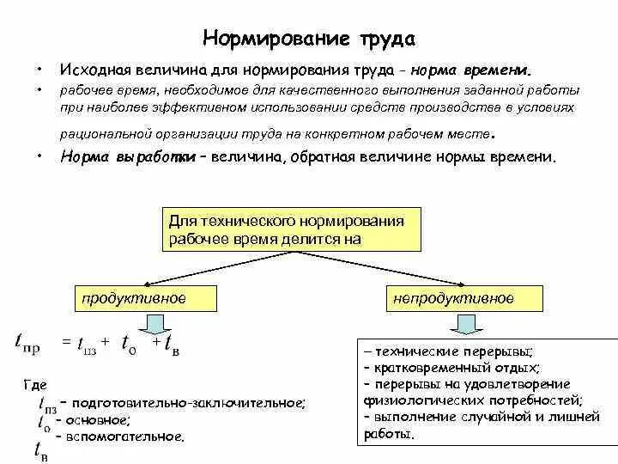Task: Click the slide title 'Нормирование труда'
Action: coord(309,39)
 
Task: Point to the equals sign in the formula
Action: coord(64,342)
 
